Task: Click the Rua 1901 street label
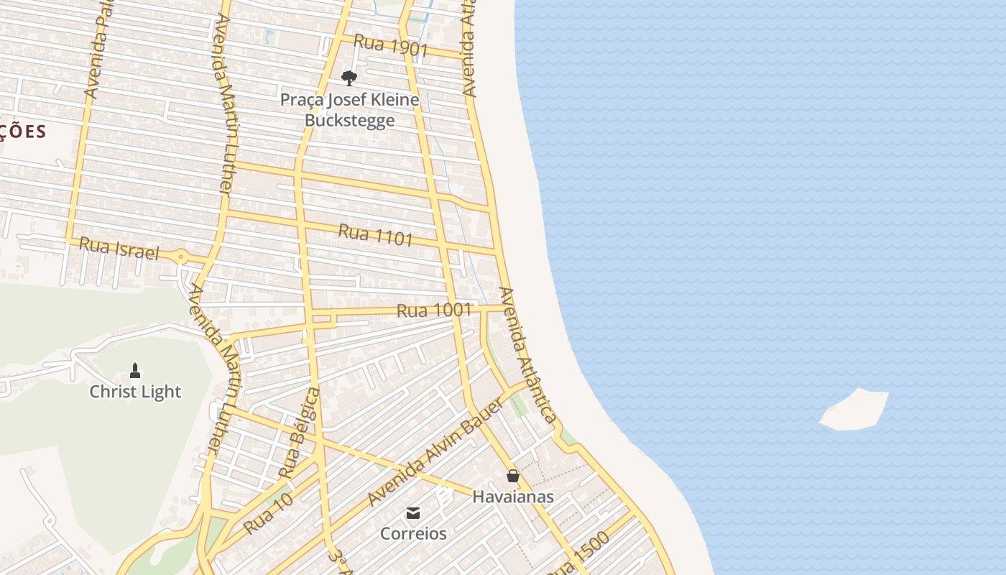pos(391,47)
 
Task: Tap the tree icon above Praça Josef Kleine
pos(349,78)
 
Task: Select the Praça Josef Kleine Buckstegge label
pos(349,109)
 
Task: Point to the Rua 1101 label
pos(375,234)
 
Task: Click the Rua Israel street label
pos(119,248)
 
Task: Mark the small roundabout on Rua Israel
pos(180,257)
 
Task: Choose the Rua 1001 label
pos(434,310)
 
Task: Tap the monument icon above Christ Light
pos(134,371)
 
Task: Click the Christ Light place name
pos(135,392)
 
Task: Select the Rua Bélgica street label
pos(300,433)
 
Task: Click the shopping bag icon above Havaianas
pos(512,476)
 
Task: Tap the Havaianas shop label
pos(512,497)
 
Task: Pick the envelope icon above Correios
pos(413,513)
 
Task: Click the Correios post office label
pos(413,534)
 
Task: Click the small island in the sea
pos(855,410)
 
